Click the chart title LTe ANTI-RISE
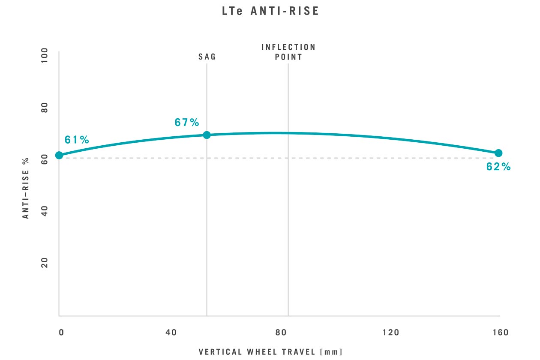270,11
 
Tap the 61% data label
77,140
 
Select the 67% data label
187,123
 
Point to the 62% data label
498,167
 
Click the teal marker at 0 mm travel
59,155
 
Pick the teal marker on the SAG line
207,135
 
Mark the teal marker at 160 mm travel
498,153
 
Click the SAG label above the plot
207,57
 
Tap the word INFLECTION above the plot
288,47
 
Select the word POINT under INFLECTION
288,57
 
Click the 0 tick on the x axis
61,333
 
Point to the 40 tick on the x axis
171,333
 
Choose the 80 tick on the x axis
281,333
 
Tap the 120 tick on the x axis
391,333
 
